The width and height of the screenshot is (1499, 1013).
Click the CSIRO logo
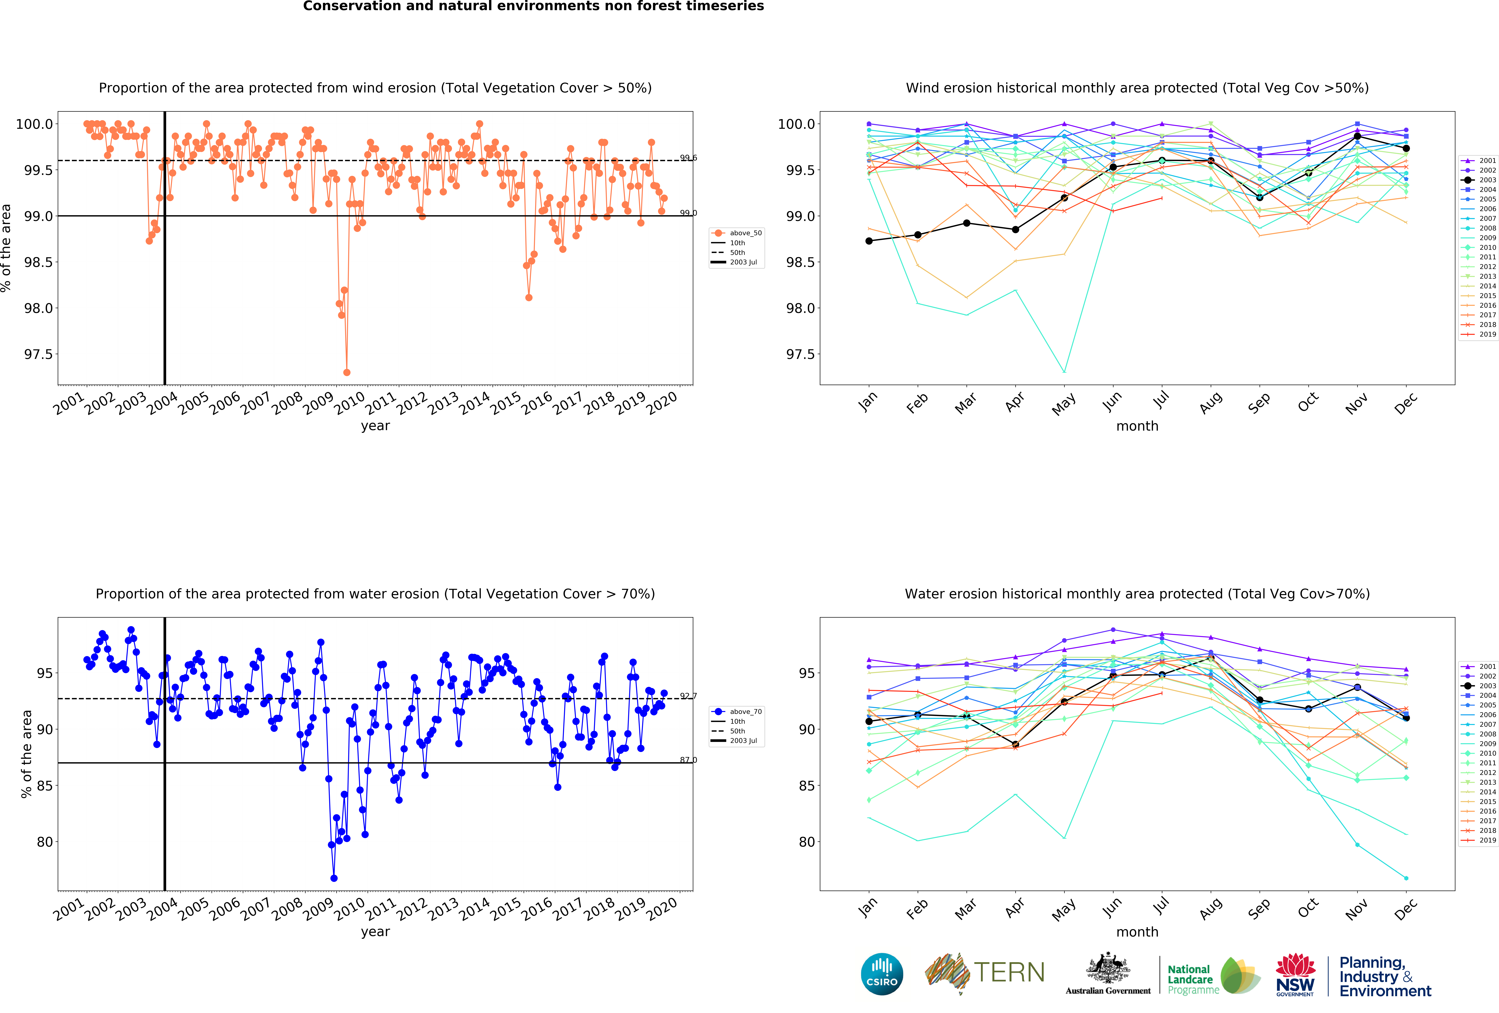tap(882, 974)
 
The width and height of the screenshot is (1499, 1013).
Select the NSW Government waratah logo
tap(1295, 974)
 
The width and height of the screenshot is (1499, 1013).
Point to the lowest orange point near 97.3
tap(347, 372)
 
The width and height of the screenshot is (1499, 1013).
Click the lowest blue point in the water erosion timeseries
tap(333, 878)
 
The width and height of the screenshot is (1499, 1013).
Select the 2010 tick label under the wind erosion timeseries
tap(350, 403)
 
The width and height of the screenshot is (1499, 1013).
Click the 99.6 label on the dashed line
tap(688, 157)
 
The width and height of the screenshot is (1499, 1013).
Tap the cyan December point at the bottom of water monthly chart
tap(1406, 878)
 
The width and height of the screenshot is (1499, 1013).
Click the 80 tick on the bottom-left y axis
tap(45, 842)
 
